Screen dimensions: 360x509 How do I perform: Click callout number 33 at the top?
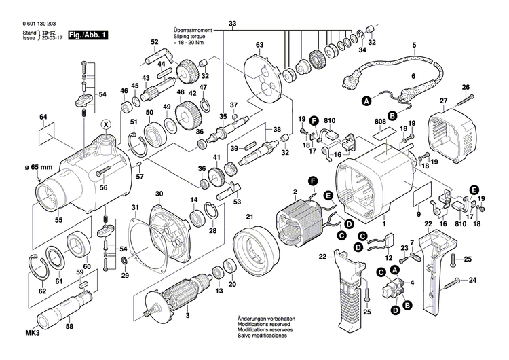pyautogui.click(x=233, y=24)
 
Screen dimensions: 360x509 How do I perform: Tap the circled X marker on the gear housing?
pyautogui.click(x=105, y=124)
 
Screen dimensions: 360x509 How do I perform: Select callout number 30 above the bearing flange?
pyautogui.click(x=159, y=194)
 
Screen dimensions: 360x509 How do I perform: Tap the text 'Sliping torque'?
pyautogui.click(x=188, y=36)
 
